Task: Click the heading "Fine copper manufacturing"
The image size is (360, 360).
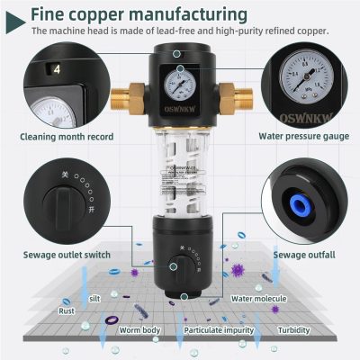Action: tap(139, 15)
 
